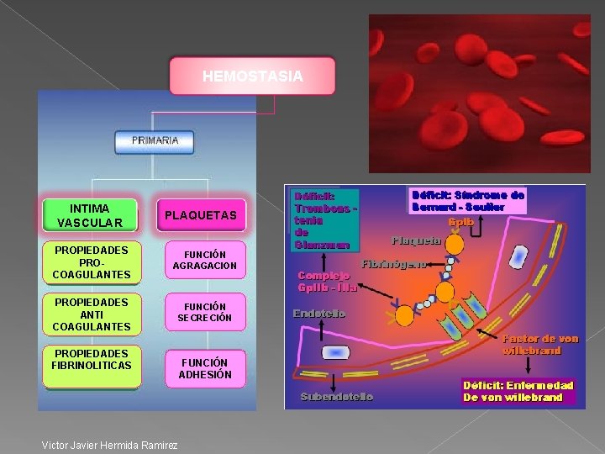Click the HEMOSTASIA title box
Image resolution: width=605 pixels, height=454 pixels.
click(x=252, y=77)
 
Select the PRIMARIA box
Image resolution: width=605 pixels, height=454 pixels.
click(x=155, y=141)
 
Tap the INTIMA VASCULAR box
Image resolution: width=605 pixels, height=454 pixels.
click(x=90, y=215)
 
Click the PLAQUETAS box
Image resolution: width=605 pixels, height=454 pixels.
click(x=201, y=216)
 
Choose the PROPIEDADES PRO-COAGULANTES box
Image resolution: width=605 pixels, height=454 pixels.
click(x=91, y=262)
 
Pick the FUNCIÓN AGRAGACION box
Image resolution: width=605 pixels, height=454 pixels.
click(x=205, y=261)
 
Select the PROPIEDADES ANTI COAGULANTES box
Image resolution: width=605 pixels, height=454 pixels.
click(x=91, y=314)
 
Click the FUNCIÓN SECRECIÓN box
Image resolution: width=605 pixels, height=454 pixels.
click(x=205, y=313)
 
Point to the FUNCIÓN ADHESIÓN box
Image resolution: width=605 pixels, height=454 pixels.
click(x=205, y=368)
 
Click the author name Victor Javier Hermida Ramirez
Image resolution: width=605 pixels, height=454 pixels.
click(x=109, y=445)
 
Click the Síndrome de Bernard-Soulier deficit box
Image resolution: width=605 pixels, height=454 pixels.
click(x=468, y=200)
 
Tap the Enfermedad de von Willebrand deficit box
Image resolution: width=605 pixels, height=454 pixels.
click(x=518, y=391)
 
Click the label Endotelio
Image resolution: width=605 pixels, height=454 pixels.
click(x=319, y=314)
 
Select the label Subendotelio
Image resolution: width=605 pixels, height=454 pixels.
click(x=337, y=396)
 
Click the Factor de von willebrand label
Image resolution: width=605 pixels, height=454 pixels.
click(x=540, y=344)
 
